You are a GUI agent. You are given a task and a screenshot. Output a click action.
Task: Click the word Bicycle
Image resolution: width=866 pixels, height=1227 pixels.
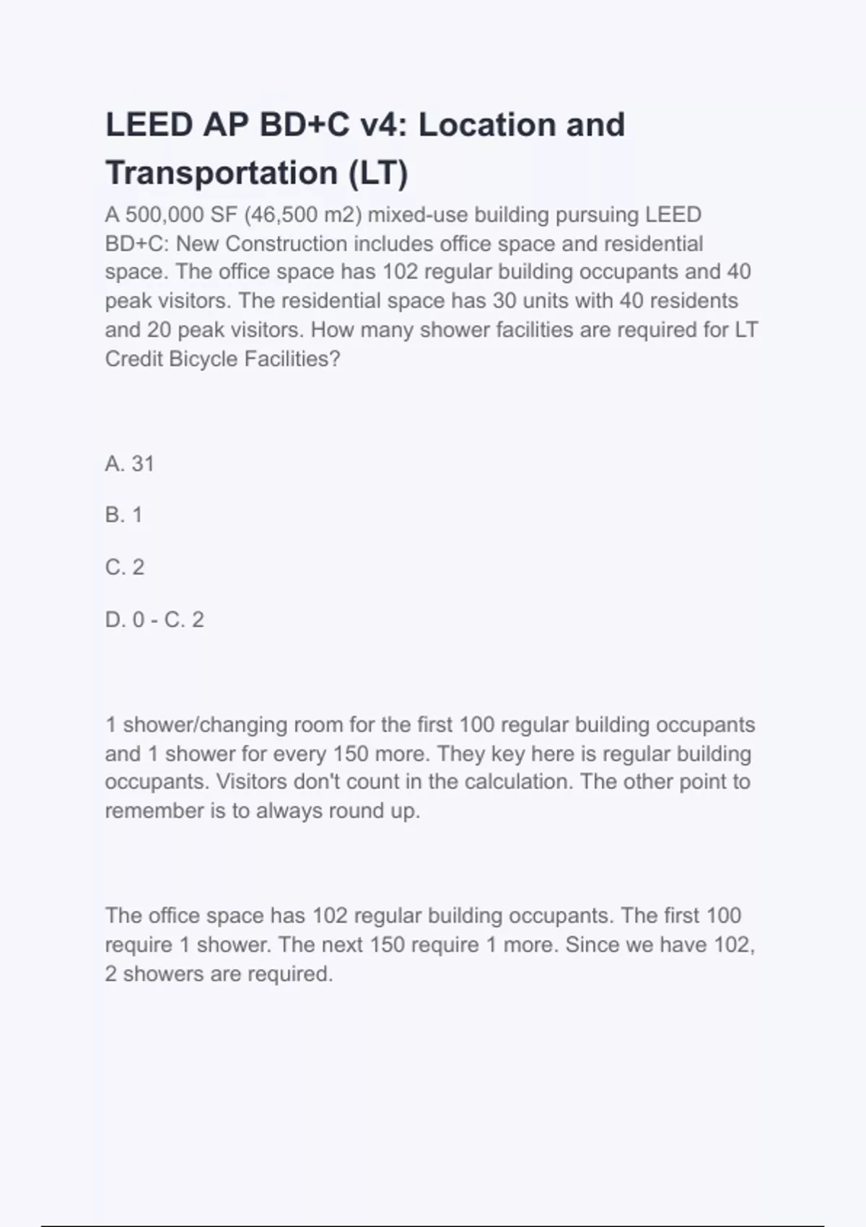click(x=203, y=359)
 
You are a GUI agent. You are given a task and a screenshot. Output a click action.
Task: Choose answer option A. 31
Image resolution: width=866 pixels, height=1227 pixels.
click(x=130, y=463)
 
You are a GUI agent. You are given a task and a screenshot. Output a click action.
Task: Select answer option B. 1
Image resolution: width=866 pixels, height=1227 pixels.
click(x=124, y=515)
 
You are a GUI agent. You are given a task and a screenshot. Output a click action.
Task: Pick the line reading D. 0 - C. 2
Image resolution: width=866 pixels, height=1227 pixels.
click(x=154, y=619)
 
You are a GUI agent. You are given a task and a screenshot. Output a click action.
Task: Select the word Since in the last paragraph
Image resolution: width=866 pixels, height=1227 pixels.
click(x=589, y=945)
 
